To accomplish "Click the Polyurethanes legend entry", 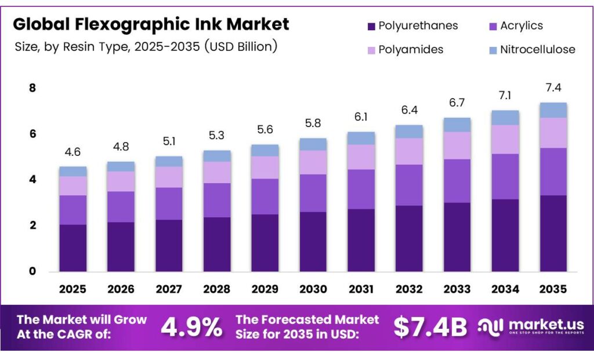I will click(412, 26).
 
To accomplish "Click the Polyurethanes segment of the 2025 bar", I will click(73, 248).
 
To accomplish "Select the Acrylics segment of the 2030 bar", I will click(313, 193).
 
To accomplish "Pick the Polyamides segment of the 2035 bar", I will click(553, 133).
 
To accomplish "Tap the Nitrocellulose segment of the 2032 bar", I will click(409, 132).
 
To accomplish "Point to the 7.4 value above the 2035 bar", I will click(553, 88).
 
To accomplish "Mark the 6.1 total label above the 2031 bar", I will click(361, 117).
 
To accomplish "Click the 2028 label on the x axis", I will click(217, 289).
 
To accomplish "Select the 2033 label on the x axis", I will click(457, 289).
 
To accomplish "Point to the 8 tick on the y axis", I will click(32, 88).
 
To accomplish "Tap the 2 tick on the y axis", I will click(32, 226).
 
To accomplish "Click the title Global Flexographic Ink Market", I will click(151, 24).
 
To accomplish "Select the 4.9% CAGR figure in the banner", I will click(191, 328).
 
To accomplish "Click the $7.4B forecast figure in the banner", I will click(430, 328).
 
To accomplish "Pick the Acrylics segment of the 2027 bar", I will click(169, 203).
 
